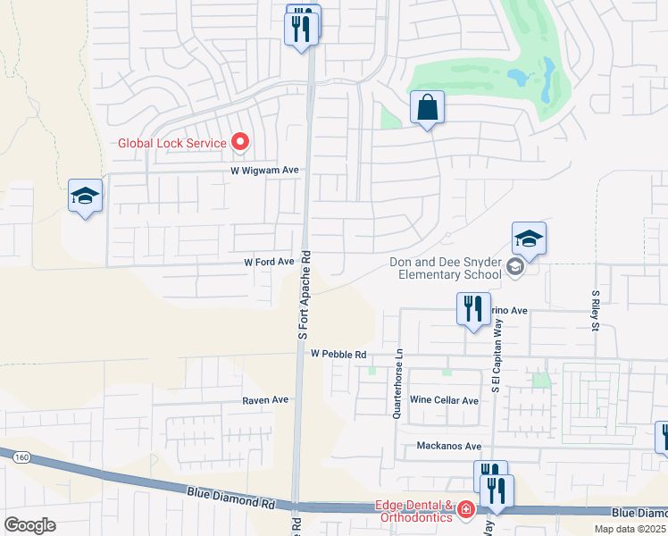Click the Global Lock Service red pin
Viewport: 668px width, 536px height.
coord(239,141)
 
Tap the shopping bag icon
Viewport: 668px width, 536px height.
coord(428,108)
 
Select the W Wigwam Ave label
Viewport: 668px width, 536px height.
coord(264,170)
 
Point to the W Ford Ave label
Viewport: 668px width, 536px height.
coord(269,262)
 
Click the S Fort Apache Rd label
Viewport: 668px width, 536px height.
coord(304,293)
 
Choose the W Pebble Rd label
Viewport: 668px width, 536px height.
coord(338,355)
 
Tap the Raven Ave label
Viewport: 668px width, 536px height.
coord(265,401)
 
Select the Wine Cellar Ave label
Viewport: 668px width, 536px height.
coord(444,401)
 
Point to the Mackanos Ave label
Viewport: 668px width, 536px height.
coord(448,446)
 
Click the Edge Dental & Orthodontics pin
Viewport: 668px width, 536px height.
coord(465,509)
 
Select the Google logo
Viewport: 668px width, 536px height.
coord(29,524)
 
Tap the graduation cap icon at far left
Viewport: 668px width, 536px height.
coord(86,197)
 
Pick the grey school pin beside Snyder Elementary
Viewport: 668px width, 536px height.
coord(514,266)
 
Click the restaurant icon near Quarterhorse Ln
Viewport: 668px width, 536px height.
coord(472,309)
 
